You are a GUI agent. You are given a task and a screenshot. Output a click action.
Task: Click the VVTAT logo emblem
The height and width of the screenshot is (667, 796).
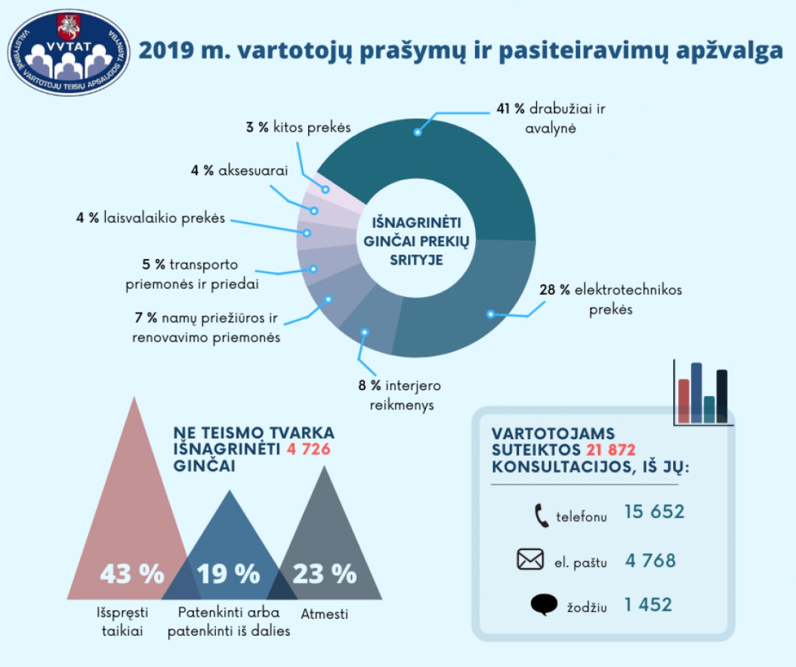[x=69, y=53]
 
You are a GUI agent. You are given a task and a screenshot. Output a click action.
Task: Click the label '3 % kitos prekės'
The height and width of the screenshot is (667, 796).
[x=298, y=127]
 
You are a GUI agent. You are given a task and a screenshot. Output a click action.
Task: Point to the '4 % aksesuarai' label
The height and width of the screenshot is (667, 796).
[x=239, y=171]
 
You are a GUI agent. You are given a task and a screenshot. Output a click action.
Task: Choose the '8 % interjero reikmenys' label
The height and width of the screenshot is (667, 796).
[x=400, y=395]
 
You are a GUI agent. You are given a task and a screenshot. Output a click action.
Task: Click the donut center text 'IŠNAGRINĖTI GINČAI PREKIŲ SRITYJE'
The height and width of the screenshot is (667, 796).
[x=416, y=241]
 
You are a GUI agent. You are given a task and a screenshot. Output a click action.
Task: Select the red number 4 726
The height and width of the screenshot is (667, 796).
[x=308, y=449]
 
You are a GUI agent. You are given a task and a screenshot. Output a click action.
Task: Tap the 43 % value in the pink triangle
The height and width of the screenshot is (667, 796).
[x=132, y=574]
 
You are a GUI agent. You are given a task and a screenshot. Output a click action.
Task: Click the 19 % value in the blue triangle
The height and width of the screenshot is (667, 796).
[x=228, y=574]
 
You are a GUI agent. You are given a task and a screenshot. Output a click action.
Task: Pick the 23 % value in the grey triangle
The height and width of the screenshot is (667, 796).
[x=324, y=574]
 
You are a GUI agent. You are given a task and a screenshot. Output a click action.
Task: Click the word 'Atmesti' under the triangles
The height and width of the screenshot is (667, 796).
[x=324, y=614]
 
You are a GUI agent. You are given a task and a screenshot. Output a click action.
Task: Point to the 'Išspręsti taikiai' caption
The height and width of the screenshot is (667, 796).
[x=122, y=622]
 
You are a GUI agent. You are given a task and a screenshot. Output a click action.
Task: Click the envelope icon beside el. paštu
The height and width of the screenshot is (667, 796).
[x=530, y=560]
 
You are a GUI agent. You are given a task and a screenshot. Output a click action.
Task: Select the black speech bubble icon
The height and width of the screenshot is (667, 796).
[x=543, y=605]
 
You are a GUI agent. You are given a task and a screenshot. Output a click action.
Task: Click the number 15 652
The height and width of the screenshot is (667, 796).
[x=654, y=512]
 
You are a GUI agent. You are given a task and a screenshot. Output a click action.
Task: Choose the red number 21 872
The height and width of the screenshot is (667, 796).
[x=611, y=450]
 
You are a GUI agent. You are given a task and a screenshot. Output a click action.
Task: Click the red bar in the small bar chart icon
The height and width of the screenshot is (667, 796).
[x=684, y=402]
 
